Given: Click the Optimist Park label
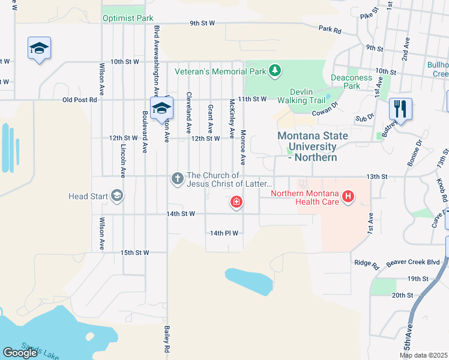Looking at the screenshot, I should [x=128, y=18].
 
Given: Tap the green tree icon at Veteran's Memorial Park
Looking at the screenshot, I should [x=275, y=71].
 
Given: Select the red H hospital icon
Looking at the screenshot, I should [x=347, y=196].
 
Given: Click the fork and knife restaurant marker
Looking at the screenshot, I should [x=400, y=109].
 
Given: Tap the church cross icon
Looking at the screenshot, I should [x=177, y=178].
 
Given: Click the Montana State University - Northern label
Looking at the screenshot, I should [x=313, y=146].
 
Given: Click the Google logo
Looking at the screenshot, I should [x=20, y=352].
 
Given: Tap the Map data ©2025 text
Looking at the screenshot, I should [x=423, y=355].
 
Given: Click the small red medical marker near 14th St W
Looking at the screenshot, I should [x=237, y=202].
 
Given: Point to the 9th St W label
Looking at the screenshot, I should [x=202, y=23].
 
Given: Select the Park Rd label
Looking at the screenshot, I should [x=330, y=28].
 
